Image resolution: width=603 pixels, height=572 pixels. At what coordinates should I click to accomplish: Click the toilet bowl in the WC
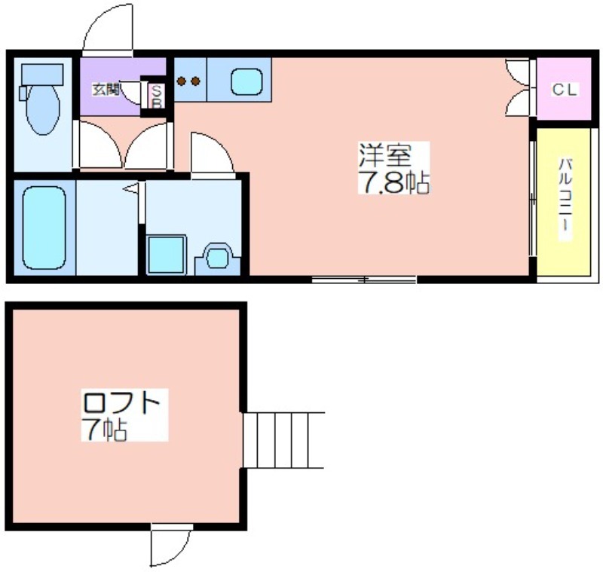click(x=43, y=109)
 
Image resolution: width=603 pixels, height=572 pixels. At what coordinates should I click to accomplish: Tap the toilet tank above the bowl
click(x=42, y=75)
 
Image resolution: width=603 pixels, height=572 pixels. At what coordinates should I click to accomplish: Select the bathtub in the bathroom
click(x=44, y=228)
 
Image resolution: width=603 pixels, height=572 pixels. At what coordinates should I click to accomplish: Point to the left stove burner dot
click(x=181, y=81)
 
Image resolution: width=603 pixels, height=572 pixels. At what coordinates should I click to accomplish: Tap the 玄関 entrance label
click(x=106, y=90)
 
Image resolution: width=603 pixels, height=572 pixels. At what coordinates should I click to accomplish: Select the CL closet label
click(x=565, y=90)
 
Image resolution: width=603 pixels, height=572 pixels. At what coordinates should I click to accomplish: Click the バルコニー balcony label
click(x=565, y=199)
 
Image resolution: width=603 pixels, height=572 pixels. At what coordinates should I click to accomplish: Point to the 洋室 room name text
click(x=385, y=155)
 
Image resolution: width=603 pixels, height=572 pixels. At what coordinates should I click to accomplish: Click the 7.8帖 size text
click(x=393, y=182)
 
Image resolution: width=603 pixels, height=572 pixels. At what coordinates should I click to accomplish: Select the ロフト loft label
click(x=121, y=403)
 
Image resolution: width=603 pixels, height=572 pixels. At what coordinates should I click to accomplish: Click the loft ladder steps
click(x=284, y=440)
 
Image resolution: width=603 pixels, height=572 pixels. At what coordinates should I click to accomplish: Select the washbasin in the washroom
click(x=218, y=258)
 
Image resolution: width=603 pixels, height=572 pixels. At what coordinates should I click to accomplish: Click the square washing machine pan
click(x=167, y=255)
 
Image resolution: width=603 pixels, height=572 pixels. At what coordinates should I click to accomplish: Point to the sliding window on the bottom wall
click(x=364, y=280)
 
